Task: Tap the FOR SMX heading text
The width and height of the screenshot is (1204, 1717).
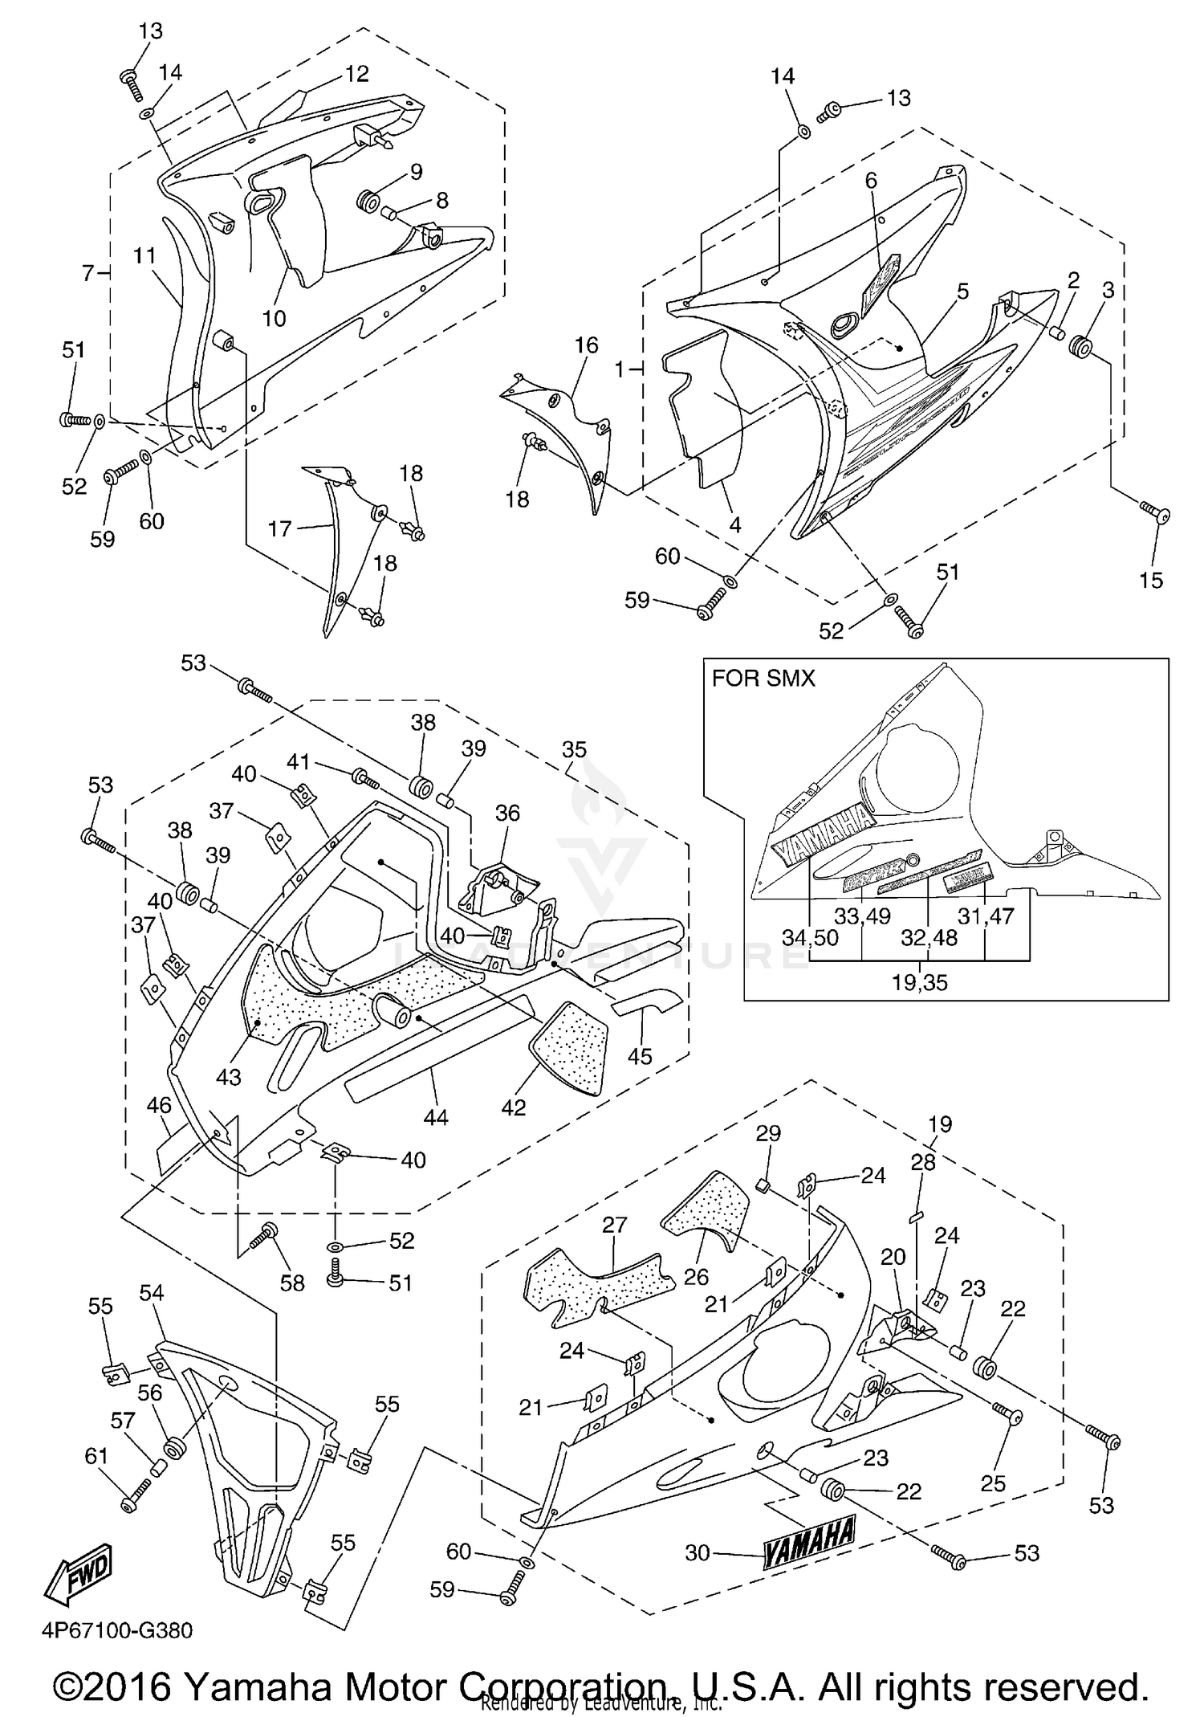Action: coord(763,679)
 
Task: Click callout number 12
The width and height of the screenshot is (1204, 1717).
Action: coord(356,73)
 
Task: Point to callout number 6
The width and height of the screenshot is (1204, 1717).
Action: coord(871,181)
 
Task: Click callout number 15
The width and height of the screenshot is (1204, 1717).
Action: coord(1150,580)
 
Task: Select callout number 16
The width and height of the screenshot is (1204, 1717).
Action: coord(586,345)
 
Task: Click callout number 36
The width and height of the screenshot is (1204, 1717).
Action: coord(507,813)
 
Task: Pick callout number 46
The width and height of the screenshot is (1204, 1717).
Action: coord(159,1105)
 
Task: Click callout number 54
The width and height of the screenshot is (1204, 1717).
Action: coord(151,1292)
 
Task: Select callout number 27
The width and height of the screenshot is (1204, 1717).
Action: coord(614,1225)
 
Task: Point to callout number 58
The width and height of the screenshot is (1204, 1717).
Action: coord(292,1283)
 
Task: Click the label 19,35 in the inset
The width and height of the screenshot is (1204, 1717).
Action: coord(920,982)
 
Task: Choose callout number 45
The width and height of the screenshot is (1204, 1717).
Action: coord(640,1056)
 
